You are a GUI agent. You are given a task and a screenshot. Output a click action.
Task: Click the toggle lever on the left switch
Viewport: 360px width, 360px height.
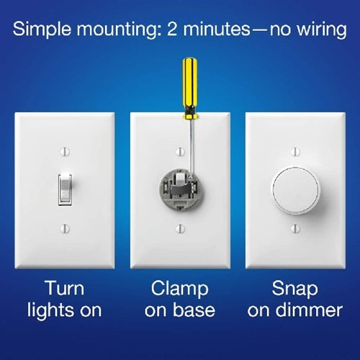pos(64,189)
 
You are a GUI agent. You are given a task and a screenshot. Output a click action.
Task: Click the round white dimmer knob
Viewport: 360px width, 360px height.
pos(294,189)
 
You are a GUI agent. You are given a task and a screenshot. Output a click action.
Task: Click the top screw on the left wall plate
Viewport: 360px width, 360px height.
pos(64,152)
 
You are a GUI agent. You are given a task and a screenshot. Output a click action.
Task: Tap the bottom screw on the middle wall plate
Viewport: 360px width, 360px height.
pos(179,228)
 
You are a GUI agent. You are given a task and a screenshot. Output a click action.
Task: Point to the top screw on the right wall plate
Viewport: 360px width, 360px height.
pos(294,152)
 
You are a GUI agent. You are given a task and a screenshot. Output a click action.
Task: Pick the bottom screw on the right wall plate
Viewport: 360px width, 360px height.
pos(294,228)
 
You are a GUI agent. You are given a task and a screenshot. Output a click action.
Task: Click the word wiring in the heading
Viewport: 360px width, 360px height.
pos(317,30)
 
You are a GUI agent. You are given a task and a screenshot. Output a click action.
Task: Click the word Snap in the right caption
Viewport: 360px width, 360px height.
pos(295,289)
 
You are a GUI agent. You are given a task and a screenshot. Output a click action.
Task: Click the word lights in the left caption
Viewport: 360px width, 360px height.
pos(50,311)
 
